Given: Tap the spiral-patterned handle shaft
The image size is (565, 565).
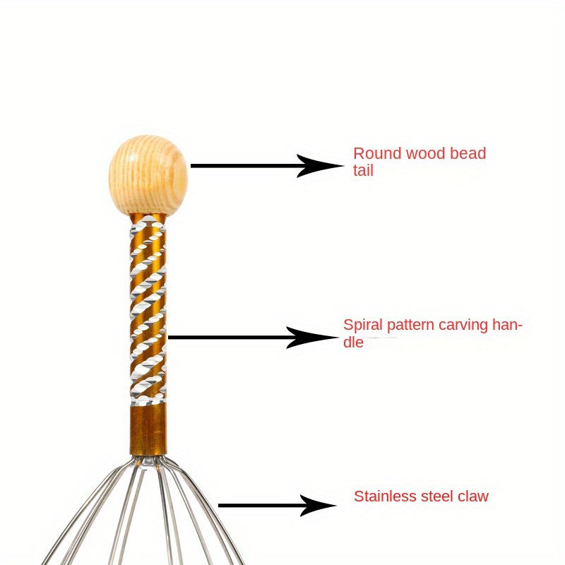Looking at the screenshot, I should coord(148,311).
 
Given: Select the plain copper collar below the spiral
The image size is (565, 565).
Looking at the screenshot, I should coord(148,428).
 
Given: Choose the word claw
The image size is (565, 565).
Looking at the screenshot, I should coord(472,496).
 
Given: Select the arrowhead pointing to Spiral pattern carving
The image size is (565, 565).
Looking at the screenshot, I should coord(317,338).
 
